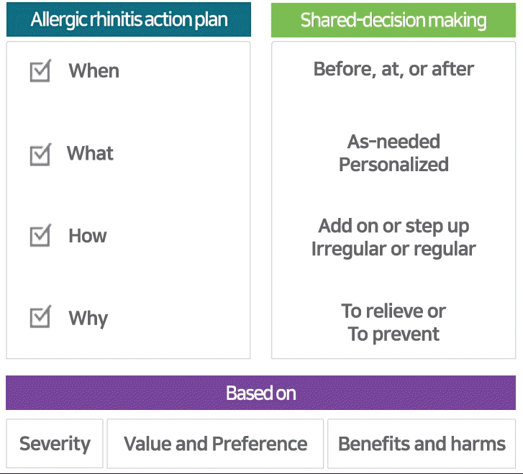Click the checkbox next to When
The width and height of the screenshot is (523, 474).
click(40, 70)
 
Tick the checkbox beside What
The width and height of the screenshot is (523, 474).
click(40, 155)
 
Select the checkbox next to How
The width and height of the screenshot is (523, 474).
click(40, 235)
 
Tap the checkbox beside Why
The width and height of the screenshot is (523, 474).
click(40, 316)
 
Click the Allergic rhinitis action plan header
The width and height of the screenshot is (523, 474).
click(129, 19)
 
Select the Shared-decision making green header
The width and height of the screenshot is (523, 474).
click(394, 20)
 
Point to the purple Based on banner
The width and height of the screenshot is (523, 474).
click(261, 393)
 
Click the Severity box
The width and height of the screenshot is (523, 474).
click(55, 444)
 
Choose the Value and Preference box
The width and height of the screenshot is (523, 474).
click(215, 444)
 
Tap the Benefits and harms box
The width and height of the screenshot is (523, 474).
click(422, 444)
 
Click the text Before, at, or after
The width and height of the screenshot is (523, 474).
click(394, 69)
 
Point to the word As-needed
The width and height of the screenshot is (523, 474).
click(394, 142)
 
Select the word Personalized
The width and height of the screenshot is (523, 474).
click(394, 164)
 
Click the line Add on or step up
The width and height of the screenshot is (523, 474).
click(394, 227)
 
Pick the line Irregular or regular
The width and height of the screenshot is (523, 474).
click(394, 249)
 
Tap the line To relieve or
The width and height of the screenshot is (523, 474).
click(394, 311)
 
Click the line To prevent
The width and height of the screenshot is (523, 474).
click(394, 334)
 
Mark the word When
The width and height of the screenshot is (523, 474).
click(94, 70)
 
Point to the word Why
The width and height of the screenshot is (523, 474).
click(88, 319)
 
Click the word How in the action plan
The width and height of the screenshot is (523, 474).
click(87, 236)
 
